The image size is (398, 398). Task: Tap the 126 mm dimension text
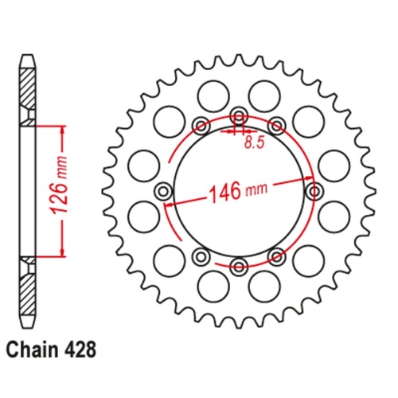(x=60, y=185)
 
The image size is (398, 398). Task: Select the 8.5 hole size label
(x=255, y=142)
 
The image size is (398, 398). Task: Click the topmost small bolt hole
(x=239, y=116)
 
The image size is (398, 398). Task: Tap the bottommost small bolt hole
(x=239, y=266)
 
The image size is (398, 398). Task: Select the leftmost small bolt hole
(x=163, y=191)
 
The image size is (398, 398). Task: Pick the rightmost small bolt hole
(x=314, y=191)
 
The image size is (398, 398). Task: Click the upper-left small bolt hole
(x=201, y=126)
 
